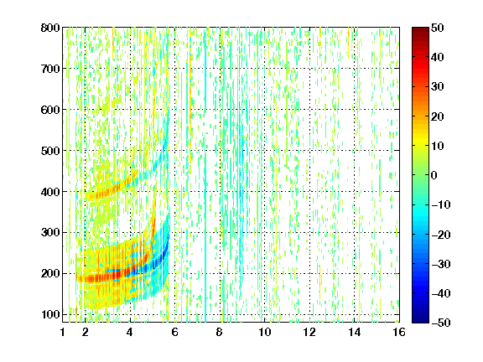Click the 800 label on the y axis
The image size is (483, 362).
[x=50, y=28]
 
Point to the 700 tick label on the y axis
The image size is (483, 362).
[x=50, y=69]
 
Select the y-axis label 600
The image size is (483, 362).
[x=50, y=110]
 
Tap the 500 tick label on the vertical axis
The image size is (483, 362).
[x=50, y=151]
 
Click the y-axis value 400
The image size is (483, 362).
[x=50, y=192]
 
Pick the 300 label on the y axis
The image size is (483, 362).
[x=50, y=233]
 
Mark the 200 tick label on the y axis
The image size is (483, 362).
[x=50, y=274]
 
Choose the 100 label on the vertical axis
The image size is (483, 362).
[x=50, y=314]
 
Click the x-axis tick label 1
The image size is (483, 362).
[x=63, y=332]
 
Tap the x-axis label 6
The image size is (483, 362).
[x=174, y=332]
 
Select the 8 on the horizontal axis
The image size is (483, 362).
[x=220, y=332]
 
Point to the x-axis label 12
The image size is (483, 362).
[x=309, y=332]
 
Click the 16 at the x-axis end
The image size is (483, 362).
[x=399, y=332]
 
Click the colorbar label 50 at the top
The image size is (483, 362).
[x=438, y=28]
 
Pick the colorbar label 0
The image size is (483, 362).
[x=434, y=175]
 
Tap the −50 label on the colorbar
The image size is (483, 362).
[x=440, y=323]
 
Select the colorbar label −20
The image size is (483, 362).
[x=440, y=235]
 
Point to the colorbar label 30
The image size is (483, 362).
[x=438, y=87]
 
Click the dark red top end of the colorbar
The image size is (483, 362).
[x=420, y=29]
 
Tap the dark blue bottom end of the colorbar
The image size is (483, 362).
[x=420, y=320]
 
